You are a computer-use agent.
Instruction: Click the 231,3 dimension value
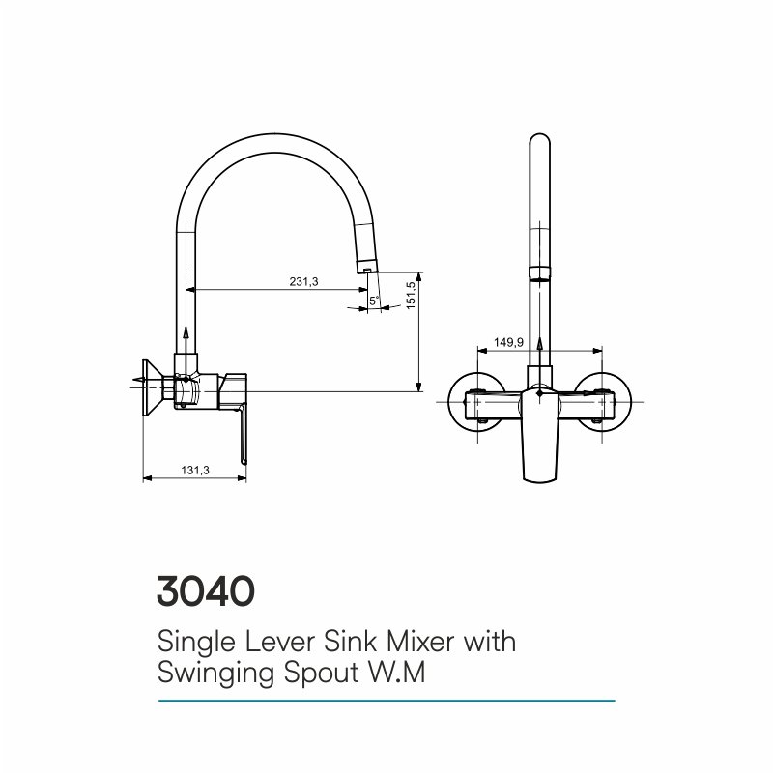(x=303, y=282)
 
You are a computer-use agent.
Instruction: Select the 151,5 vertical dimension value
(x=411, y=295)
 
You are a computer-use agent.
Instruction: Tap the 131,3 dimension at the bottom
(x=195, y=471)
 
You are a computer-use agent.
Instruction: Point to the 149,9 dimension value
(x=508, y=342)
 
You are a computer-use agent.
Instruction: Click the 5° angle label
(x=374, y=301)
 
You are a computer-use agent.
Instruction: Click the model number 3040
(x=206, y=590)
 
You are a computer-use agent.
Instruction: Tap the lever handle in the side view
(x=243, y=432)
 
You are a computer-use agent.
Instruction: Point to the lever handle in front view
(x=539, y=435)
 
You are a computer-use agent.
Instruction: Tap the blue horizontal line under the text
(x=387, y=701)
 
